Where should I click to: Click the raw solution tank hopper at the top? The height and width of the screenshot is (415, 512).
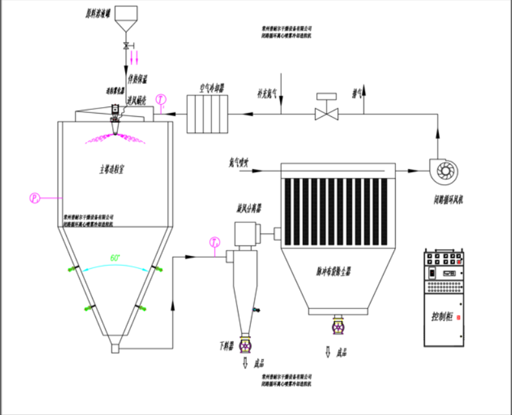coord(126,19)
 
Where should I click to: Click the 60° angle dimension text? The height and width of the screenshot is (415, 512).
coord(115,258)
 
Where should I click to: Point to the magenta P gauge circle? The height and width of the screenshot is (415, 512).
coord(35,196)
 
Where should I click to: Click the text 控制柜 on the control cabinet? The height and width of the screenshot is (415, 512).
coord(443,318)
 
